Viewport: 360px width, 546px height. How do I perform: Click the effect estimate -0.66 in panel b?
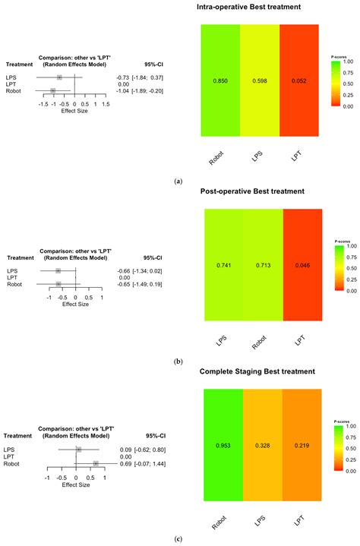point(123,271)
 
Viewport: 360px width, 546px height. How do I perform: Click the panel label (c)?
point(178,539)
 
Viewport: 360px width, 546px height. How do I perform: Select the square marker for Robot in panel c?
point(96,462)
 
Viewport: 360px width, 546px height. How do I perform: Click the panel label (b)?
point(178,362)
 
